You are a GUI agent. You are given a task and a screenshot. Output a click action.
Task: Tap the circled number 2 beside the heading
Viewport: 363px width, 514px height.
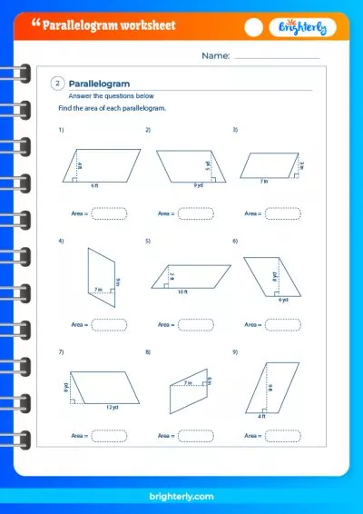coord(58,84)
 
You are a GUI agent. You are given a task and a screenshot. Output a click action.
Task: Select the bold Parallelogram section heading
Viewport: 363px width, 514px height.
coord(100,84)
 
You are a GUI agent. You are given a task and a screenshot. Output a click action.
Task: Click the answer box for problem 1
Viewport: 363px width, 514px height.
coord(108,213)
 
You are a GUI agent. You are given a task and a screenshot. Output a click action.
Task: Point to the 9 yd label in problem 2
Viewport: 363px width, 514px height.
coord(197,185)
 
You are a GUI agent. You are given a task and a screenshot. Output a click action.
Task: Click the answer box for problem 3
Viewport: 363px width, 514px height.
coord(282,213)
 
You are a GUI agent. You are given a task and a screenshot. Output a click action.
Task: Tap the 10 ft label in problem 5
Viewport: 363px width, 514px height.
coord(182,292)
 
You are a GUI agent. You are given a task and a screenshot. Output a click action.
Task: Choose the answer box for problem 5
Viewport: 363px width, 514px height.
coord(195,324)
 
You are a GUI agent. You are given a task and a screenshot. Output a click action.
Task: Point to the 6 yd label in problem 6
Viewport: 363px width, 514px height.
coord(283,299)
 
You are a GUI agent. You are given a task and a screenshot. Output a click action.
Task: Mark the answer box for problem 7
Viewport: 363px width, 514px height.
coord(108,436)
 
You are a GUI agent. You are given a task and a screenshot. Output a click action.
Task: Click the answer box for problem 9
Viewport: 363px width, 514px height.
coord(282,436)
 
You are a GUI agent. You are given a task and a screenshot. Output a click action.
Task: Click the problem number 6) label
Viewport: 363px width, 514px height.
coord(235,241)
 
